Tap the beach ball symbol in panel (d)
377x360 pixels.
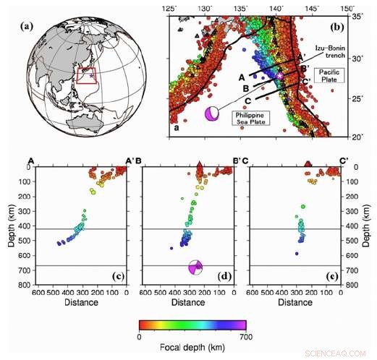[x=195, y=267]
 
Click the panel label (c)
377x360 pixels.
[x=115, y=278]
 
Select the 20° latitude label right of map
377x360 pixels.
[x=357, y=136]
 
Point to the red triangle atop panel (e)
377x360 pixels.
[x=309, y=164]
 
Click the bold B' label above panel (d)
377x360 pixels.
[x=237, y=160]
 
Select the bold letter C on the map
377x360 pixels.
[x=247, y=100]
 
